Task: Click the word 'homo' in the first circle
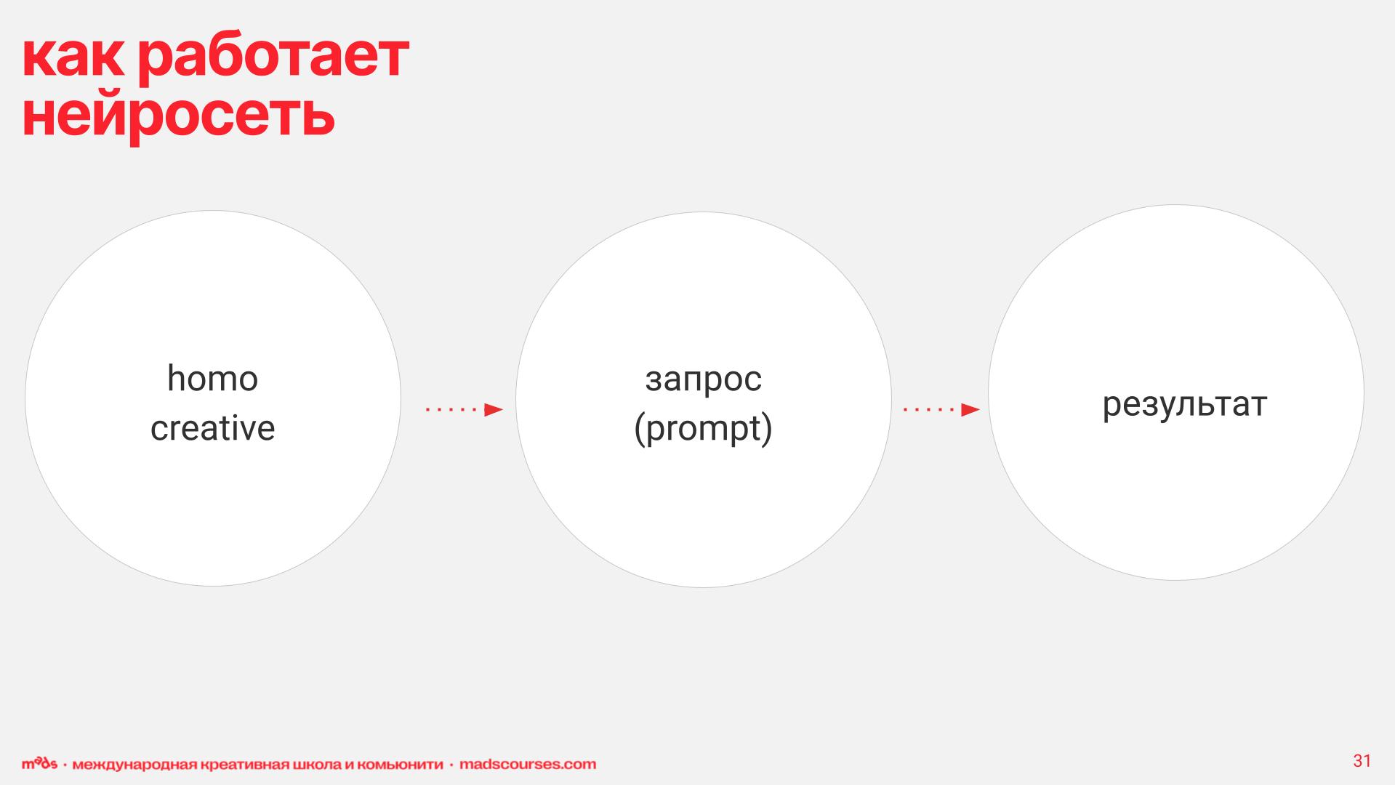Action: [212, 379]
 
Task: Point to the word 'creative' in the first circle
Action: [212, 427]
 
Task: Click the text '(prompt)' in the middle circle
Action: [703, 429]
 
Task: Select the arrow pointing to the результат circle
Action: [941, 410]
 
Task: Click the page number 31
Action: [1362, 761]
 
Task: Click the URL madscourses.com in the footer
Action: [528, 765]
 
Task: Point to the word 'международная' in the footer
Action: [134, 765]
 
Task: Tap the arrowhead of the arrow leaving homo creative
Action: [494, 410]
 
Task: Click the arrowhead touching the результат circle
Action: [971, 410]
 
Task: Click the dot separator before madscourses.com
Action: [451, 765]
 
